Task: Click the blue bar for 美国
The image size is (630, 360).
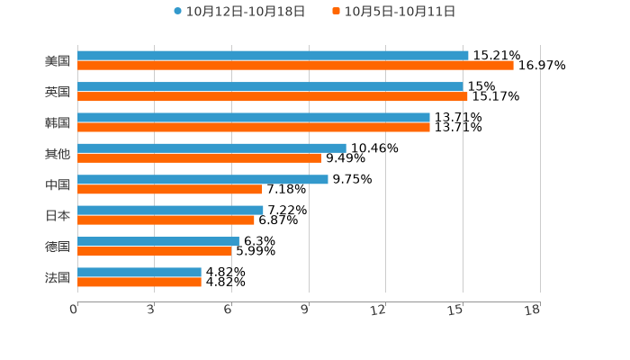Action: [x=273, y=56]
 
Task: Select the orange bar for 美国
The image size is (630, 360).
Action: [x=295, y=66]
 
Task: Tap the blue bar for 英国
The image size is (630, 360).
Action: [x=270, y=86]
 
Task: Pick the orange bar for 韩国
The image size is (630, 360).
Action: [x=254, y=128]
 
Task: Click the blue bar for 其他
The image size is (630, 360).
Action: [x=211, y=148]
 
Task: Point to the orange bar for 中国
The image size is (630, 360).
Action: [x=170, y=189]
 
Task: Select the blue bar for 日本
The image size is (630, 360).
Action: [x=170, y=210]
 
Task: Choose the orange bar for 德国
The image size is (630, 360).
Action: [x=155, y=251]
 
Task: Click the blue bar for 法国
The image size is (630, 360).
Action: [x=139, y=272]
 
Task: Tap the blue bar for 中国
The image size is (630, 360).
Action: [x=202, y=179]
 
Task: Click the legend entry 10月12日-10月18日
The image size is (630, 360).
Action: [x=239, y=12]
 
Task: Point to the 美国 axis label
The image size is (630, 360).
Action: [x=58, y=61]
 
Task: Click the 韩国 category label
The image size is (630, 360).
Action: [x=58, y=122]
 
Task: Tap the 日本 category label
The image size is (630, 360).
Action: [x=58, y=215]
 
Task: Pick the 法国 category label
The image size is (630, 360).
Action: [x=58, y=277]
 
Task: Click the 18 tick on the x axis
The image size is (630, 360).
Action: [x=533, y=310]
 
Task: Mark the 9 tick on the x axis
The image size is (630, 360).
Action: [x=306, y=310]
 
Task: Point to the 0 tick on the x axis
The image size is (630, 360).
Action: [x=75, y=310]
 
